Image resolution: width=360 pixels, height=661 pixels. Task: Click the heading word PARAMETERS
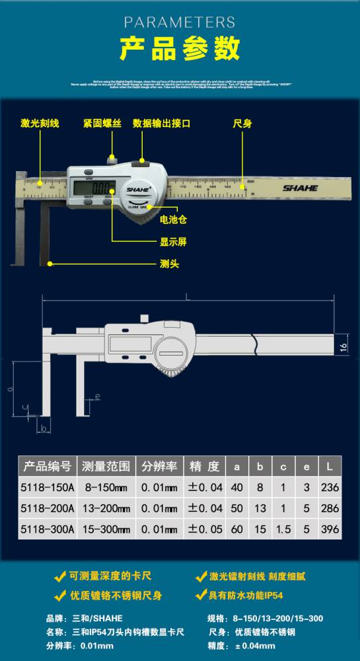180,22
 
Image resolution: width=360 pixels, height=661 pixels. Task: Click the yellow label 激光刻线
40,124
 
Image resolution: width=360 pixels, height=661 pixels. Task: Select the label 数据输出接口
162,124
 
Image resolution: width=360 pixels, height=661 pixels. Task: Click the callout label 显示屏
173,242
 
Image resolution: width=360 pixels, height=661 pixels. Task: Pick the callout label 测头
170,263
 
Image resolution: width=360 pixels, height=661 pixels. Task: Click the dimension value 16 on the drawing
343,346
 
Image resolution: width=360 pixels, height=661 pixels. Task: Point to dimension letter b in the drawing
44,429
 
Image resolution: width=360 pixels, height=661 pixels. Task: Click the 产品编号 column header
47,467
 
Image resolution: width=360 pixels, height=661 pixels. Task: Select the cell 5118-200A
46,508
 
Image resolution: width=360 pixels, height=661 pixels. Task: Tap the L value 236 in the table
330,488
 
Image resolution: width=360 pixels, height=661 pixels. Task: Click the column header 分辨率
159,467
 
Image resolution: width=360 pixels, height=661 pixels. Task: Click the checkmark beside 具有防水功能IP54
201,595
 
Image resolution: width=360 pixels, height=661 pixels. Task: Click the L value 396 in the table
330,529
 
